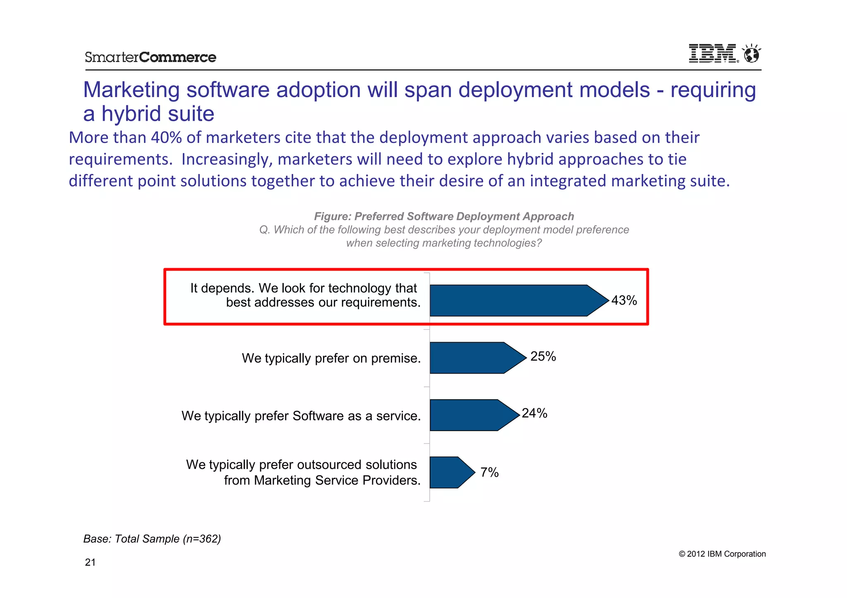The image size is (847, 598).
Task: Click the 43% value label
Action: (x=624, y=300)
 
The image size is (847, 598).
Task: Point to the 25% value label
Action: (x=543, y=356)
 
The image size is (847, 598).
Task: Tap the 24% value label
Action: (x=534, y=413)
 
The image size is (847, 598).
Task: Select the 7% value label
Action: (x=489, y=472)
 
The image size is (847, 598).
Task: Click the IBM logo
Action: (x=713, y=54)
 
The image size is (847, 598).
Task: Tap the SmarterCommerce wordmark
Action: (x=150, y=57)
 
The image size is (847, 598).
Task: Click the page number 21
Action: (x=90, y=562)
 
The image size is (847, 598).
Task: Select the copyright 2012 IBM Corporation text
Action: (x=722, y=554)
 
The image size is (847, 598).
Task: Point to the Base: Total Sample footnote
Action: (x=152, y=539)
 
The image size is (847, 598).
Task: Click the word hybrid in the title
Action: (x=129, y=114)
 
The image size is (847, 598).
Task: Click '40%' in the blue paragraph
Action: (x=166, y=138)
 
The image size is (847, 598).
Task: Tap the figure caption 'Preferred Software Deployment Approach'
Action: (x=444, y=216)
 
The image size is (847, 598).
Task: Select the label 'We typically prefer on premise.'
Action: (x=331, y=358)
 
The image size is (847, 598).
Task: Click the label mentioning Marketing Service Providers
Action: (x=322, y=480)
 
